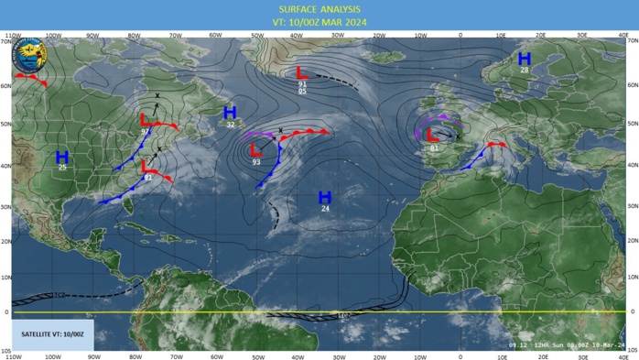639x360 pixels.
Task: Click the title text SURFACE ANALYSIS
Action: click(319, 9)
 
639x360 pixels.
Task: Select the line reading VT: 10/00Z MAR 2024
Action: click(319, 22)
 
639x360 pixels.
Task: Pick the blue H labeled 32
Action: click(230, 112)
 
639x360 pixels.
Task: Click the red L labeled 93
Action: click(256, 150)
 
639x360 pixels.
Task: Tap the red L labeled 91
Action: click(302, 72)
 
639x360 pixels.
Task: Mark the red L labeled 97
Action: click(146, 120)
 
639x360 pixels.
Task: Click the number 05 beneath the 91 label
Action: click(302, 92)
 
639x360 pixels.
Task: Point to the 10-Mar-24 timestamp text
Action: click(604, 345)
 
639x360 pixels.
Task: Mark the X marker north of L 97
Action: click(157, 95)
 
